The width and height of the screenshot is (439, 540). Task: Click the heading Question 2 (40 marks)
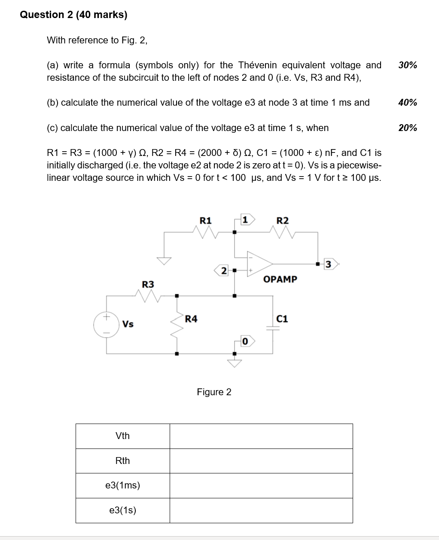73,15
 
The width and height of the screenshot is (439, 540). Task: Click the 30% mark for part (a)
407,65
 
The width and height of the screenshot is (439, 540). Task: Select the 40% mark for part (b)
407,103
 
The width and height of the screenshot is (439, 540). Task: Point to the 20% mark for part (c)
407,128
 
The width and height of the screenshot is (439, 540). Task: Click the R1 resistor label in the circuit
206,220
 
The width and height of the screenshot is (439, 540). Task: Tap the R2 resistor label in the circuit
282,220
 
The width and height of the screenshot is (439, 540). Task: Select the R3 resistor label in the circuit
148,284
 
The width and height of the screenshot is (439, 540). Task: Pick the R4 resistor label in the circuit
191,319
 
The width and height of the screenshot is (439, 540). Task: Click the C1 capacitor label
282,319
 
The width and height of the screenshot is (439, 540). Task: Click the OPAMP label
280,279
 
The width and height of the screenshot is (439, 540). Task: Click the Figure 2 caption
214,392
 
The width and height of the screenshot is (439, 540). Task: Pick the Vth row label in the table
122,436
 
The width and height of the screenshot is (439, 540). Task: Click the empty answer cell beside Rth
261,461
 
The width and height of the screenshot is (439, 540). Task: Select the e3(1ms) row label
122,485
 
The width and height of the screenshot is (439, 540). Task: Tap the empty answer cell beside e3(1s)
261,510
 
